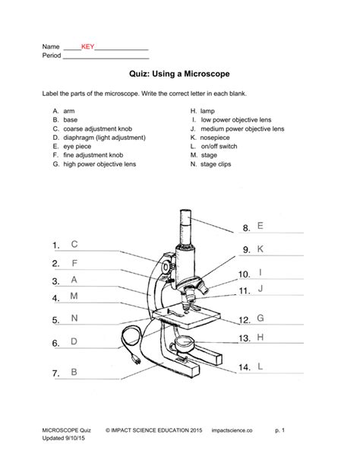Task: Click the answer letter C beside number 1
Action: click(74, 244)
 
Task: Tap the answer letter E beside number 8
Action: click(261, 226)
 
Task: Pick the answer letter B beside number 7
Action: click(74, 372)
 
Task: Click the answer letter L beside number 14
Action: click(261, 366)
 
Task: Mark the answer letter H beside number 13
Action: click(261, 337)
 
